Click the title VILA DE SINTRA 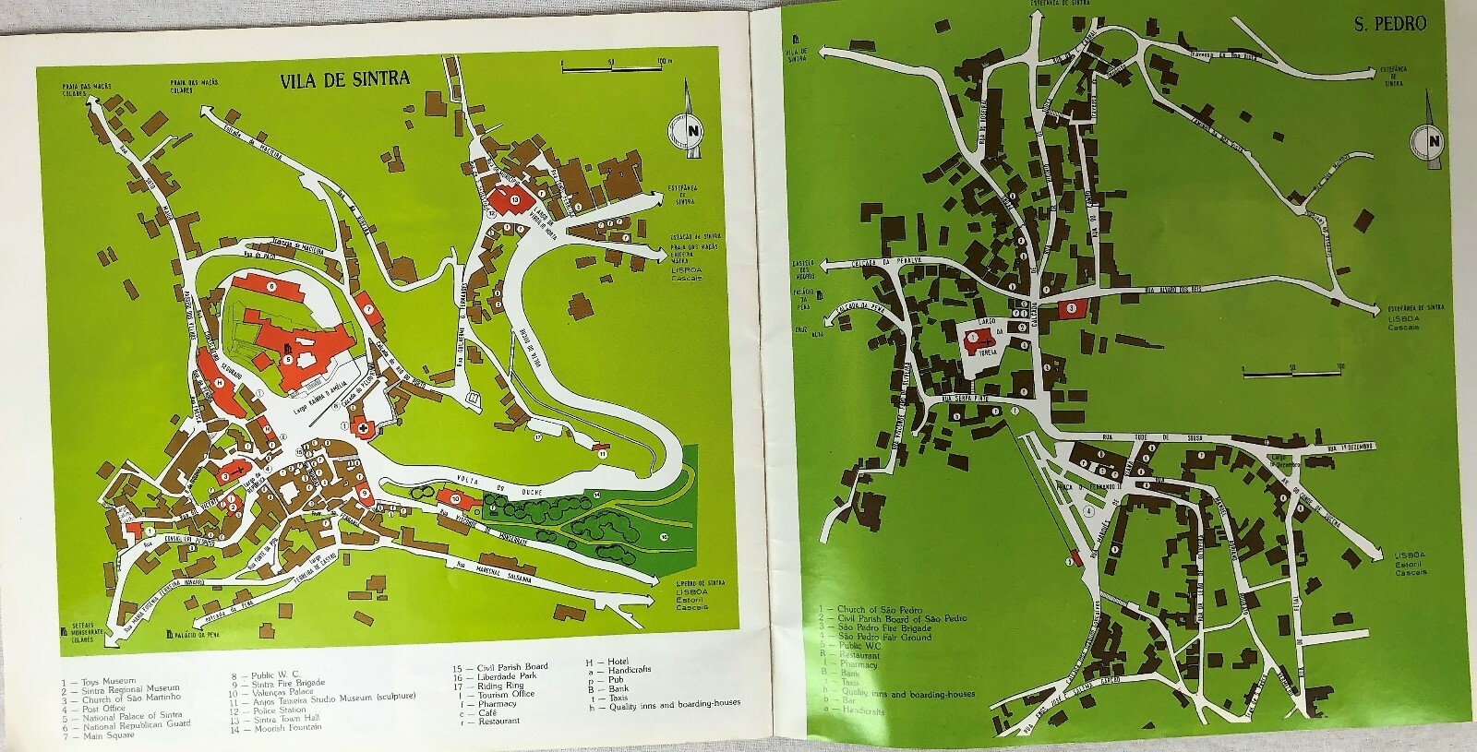tap(345, 79)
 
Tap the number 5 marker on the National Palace tap(289, 358)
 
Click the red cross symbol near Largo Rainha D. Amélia tap(364, 427)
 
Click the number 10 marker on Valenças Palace tap(456, 499)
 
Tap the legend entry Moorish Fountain tap(279, 728)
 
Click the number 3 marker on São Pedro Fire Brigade tap(1071, 308)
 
